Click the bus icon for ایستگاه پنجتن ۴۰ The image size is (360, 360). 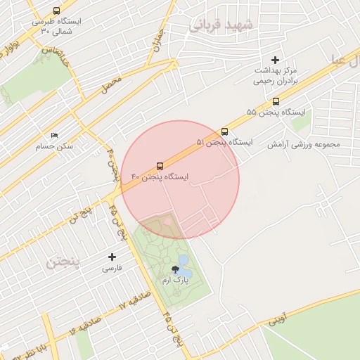160,166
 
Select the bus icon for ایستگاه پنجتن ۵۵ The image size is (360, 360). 275,101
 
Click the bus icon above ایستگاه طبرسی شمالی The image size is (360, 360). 56,11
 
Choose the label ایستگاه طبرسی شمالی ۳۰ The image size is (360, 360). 56,26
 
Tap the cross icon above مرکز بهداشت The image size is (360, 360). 275,60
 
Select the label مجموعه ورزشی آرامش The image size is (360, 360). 302,144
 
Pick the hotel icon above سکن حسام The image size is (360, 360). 55,135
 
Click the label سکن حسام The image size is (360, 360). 55,146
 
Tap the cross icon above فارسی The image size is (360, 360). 112,257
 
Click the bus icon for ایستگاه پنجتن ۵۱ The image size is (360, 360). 224,131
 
